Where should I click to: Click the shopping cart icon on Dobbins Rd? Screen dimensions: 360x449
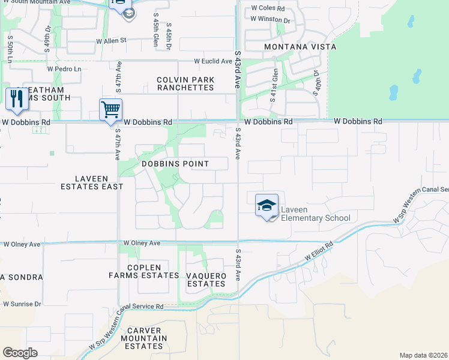click(x=110, y=110)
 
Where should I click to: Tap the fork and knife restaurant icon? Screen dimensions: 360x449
click(x=16, y=99)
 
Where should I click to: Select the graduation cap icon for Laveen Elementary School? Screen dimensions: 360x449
click(x=267, y=205)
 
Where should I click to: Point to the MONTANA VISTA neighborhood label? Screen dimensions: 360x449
click(x=301, y=46)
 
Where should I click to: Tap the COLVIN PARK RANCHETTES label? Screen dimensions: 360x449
click(x=185, y=83)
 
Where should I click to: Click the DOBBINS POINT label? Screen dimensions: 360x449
click(x=175, y=164)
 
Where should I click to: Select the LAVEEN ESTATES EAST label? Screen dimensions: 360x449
click(x=91, y=182)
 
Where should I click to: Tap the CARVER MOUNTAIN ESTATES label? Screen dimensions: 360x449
click(x=144, y=338)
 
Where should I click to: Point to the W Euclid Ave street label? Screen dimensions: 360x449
click(x=212, y=61)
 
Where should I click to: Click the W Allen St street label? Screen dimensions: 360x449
click(x=112, y=41)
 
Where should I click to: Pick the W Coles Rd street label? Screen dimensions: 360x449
click(x=267, y=8)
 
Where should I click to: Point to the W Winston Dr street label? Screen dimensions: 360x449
click(x=270, y=19)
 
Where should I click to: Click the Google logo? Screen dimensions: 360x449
click(x=20, y=353)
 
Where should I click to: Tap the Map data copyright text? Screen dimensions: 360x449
click(x=423, y=355)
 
